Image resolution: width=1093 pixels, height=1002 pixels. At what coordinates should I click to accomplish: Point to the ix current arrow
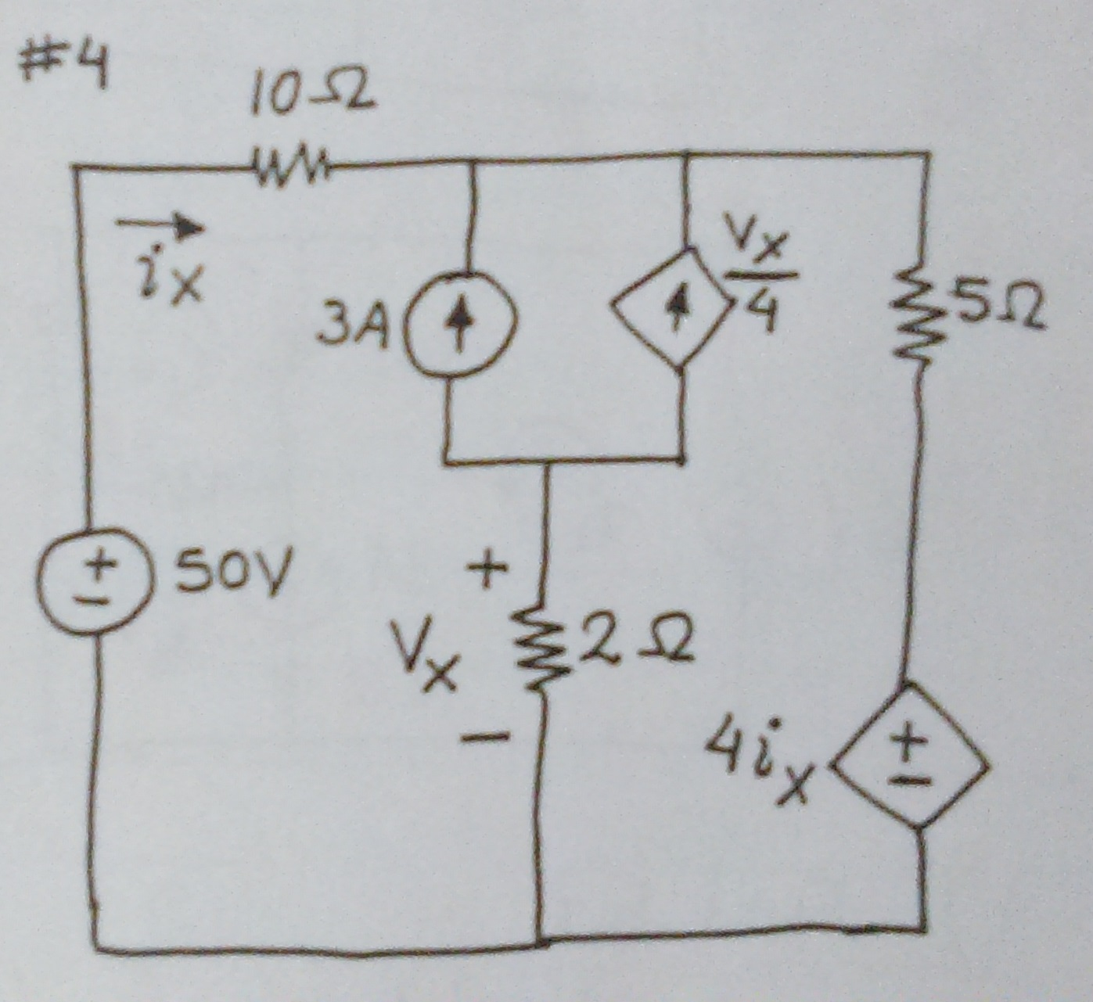(160, 227)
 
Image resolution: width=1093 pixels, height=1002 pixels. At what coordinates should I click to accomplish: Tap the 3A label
(353, 328)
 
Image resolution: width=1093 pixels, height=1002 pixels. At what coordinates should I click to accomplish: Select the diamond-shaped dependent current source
(674, 307)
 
